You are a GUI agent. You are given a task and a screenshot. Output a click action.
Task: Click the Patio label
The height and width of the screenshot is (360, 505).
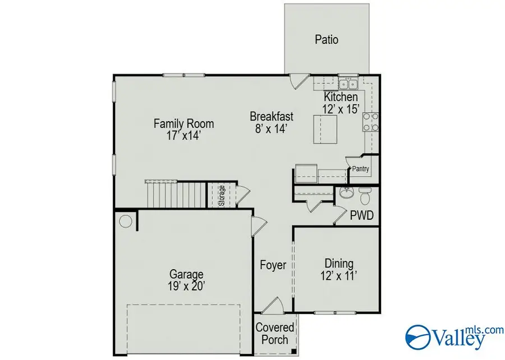[x=326, y=40]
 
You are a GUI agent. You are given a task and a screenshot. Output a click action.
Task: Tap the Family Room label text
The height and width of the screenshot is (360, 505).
[x=183, y=124]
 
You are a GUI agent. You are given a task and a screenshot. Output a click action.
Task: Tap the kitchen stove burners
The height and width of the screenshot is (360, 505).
[x=371, y=122]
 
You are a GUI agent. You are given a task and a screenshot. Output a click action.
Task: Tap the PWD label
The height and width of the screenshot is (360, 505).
[x=362, y=215]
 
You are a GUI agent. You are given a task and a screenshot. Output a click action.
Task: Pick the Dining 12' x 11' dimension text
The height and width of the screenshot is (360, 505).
[x=339, y=275]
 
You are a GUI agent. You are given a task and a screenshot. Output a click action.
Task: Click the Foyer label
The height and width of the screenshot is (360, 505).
[x=273, y=265]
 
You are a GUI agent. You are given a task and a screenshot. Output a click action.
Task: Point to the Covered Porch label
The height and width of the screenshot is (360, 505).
[x=274, y=333]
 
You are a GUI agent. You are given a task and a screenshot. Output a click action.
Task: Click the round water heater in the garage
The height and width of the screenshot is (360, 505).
[x=126, y=220]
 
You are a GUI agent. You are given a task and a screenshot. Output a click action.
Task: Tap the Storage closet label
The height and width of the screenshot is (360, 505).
[x=222, y=196]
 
